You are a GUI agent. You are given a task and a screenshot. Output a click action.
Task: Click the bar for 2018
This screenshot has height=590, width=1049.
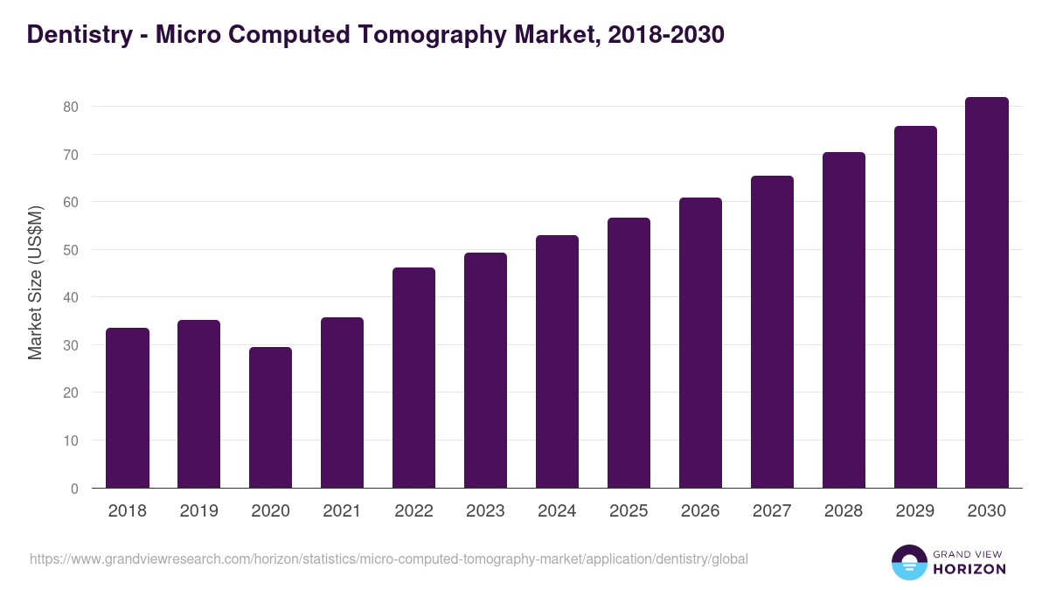128,408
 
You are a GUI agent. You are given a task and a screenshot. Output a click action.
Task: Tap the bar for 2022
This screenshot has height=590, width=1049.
413,378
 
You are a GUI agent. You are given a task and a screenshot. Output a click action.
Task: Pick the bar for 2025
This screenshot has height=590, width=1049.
629,353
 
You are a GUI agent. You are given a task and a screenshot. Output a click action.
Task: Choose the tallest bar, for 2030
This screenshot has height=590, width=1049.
987,293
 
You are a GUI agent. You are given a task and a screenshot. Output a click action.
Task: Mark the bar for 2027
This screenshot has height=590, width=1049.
772,332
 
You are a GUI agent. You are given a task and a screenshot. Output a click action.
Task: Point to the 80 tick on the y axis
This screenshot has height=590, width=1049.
69,107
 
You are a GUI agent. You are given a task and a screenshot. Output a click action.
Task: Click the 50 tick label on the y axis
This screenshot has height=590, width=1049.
69,250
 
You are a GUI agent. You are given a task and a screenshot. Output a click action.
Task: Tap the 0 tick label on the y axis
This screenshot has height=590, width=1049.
73,489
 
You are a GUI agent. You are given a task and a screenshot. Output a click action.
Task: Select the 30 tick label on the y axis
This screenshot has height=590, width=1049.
69,345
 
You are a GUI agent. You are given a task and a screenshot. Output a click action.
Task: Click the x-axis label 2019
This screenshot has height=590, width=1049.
198,511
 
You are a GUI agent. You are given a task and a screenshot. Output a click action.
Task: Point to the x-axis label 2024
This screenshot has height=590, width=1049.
557,511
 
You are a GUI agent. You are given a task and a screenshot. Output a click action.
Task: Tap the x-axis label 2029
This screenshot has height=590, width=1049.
915,511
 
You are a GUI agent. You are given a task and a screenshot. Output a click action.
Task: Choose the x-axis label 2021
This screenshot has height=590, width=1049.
342,511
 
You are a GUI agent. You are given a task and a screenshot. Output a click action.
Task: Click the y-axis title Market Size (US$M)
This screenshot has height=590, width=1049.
35,282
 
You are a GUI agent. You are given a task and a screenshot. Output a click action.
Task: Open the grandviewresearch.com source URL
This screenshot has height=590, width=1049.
388,559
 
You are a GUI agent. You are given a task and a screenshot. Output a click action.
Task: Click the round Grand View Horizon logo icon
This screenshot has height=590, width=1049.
909,562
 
